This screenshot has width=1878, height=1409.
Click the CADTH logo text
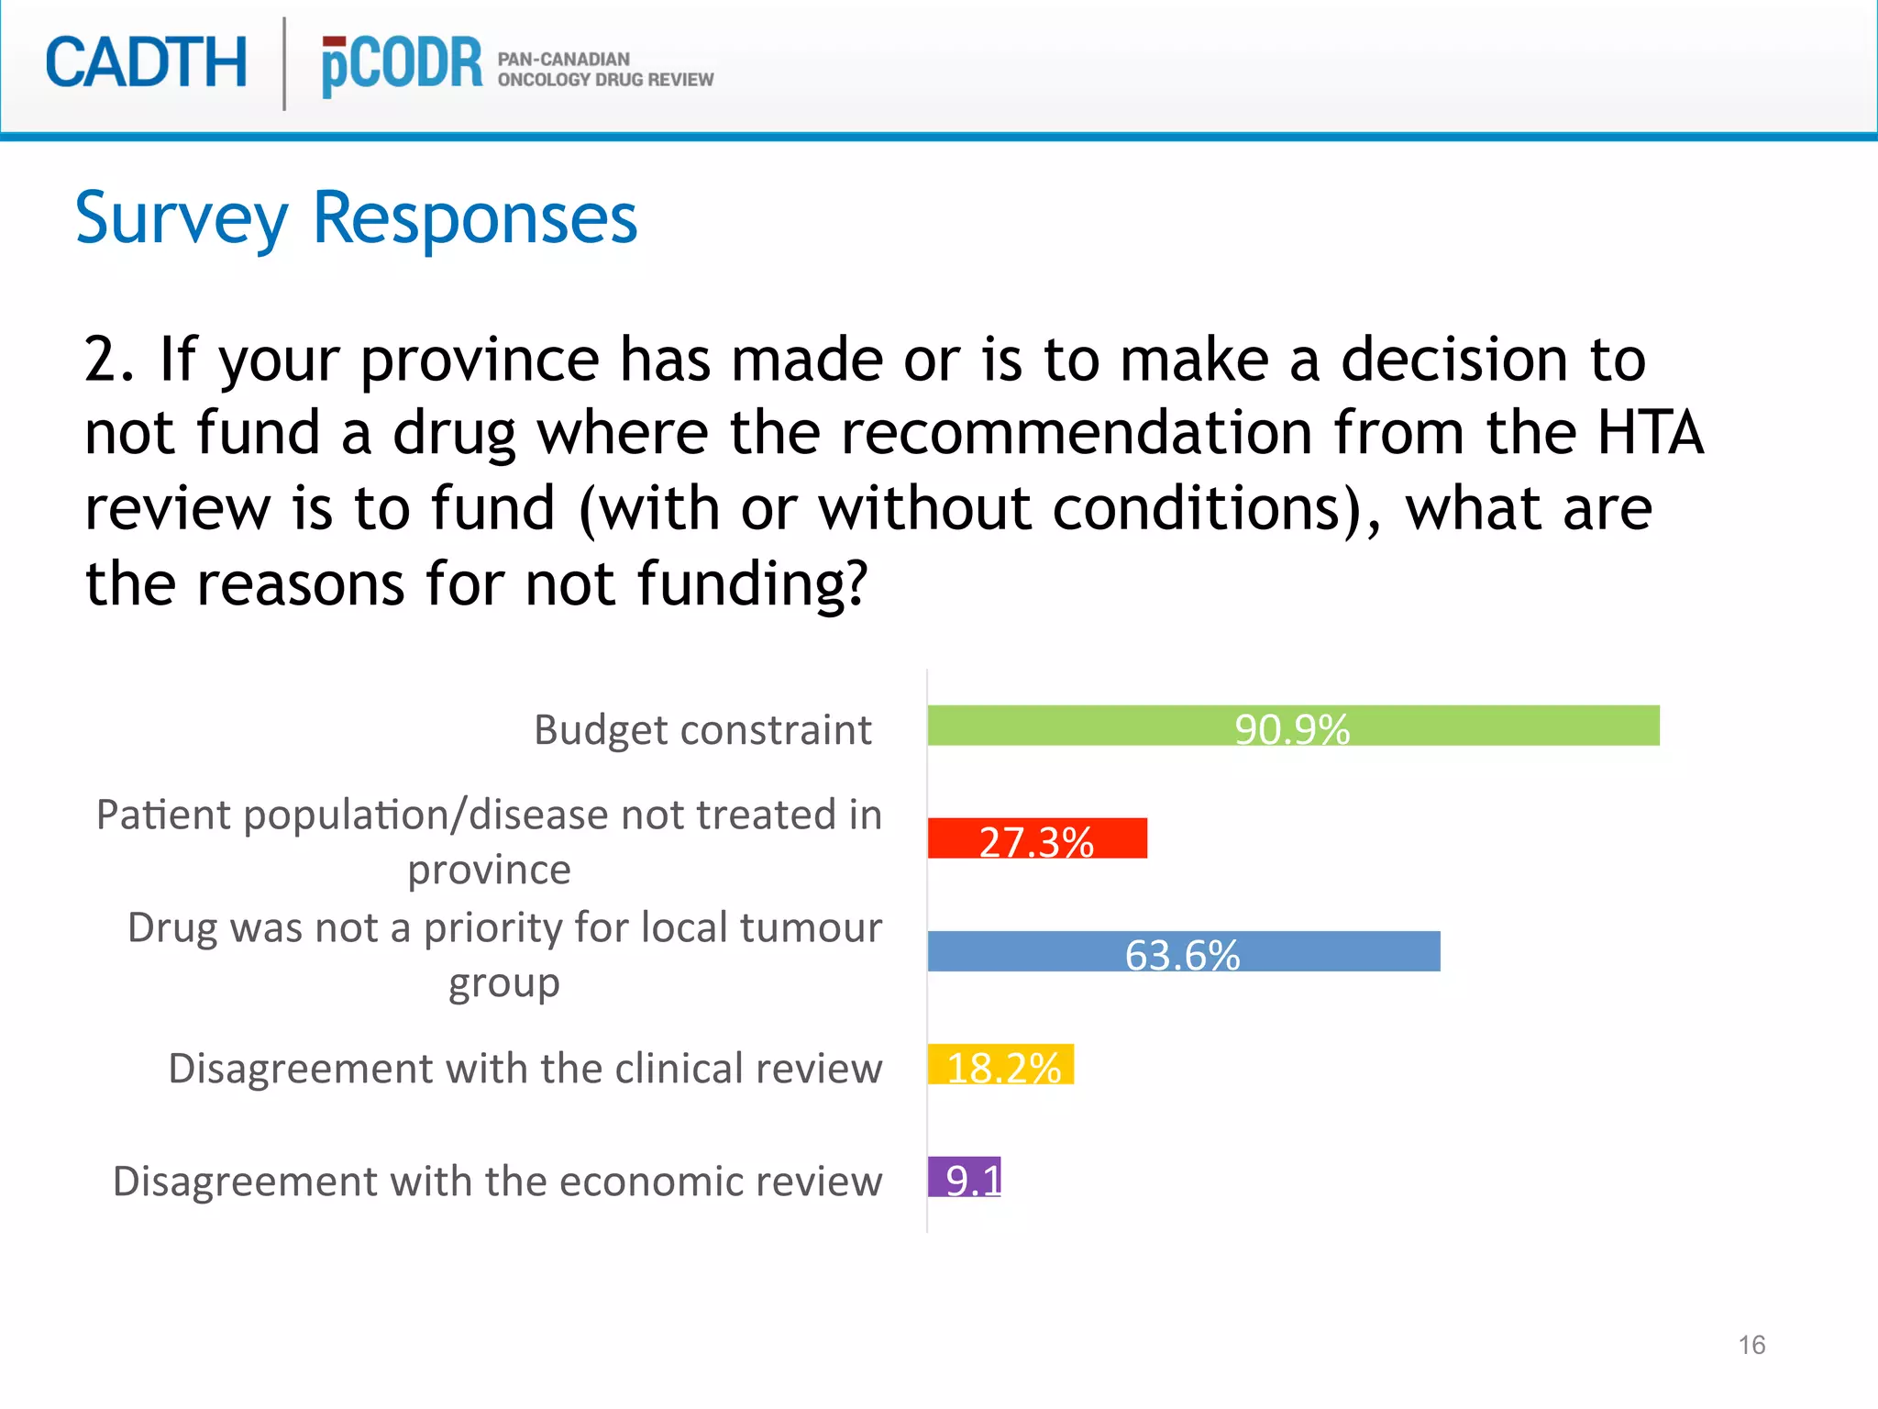tap(147, 63)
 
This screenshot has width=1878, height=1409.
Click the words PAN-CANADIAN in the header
tap(563, 59)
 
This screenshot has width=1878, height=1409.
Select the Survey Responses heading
tap(356, 218)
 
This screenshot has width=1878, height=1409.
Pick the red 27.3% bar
tap(1036, 838)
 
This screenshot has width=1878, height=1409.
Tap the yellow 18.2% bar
tap(1000, 1064)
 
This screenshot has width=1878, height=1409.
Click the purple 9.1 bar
tap(964, 1177)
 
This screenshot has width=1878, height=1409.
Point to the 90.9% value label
tap(1292, 729)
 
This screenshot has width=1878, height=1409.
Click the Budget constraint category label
tap(702, 730)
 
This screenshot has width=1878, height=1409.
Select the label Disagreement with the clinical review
tap(525, 1069)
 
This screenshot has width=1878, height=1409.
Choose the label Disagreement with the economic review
tap(497, 1182)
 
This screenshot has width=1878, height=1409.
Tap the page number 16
tap(1751, 1345)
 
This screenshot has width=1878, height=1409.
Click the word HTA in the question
tap(1650, 433)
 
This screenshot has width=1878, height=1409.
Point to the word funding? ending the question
tap(752, 583)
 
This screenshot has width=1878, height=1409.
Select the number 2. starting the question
tap(109, 359)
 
